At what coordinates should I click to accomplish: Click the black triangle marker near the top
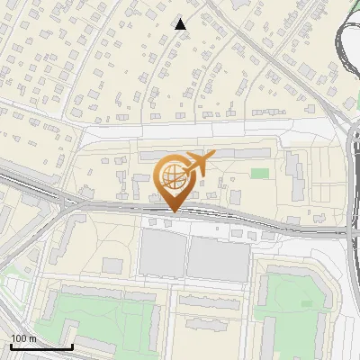coord(181,24)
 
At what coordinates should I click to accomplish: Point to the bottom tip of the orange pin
coord(172,211)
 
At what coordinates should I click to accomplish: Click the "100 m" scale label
coord(24,338)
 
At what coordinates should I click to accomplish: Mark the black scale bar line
coord(41,347)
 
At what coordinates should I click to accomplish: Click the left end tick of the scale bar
coord(11,346)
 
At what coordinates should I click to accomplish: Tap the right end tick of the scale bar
coord(72,346)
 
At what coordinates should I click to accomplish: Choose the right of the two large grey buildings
coord(217,259)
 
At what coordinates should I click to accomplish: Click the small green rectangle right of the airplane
coord(260,173)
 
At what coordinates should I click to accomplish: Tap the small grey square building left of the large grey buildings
coord(112,265)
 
